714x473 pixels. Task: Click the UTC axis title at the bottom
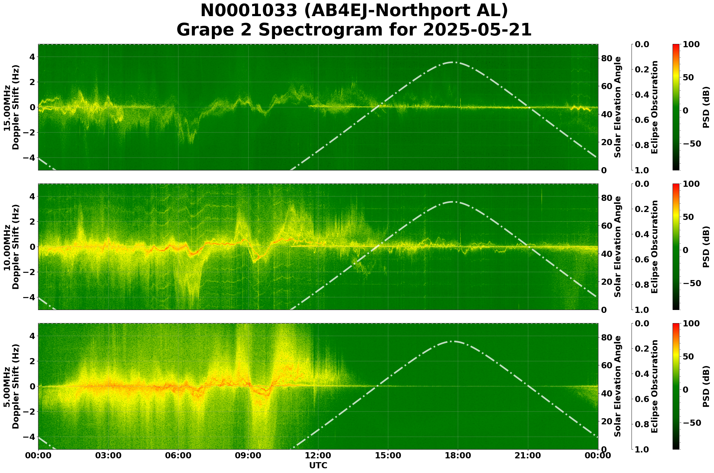pyautogui.click(x=318, y=465)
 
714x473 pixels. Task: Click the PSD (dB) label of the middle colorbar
pyautogui.click(x=706, y=247)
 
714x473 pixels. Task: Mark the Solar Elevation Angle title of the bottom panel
pyautogui.click(x=618, y=386)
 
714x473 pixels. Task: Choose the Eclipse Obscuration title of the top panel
pyautogui.click(x=654, y=107)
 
